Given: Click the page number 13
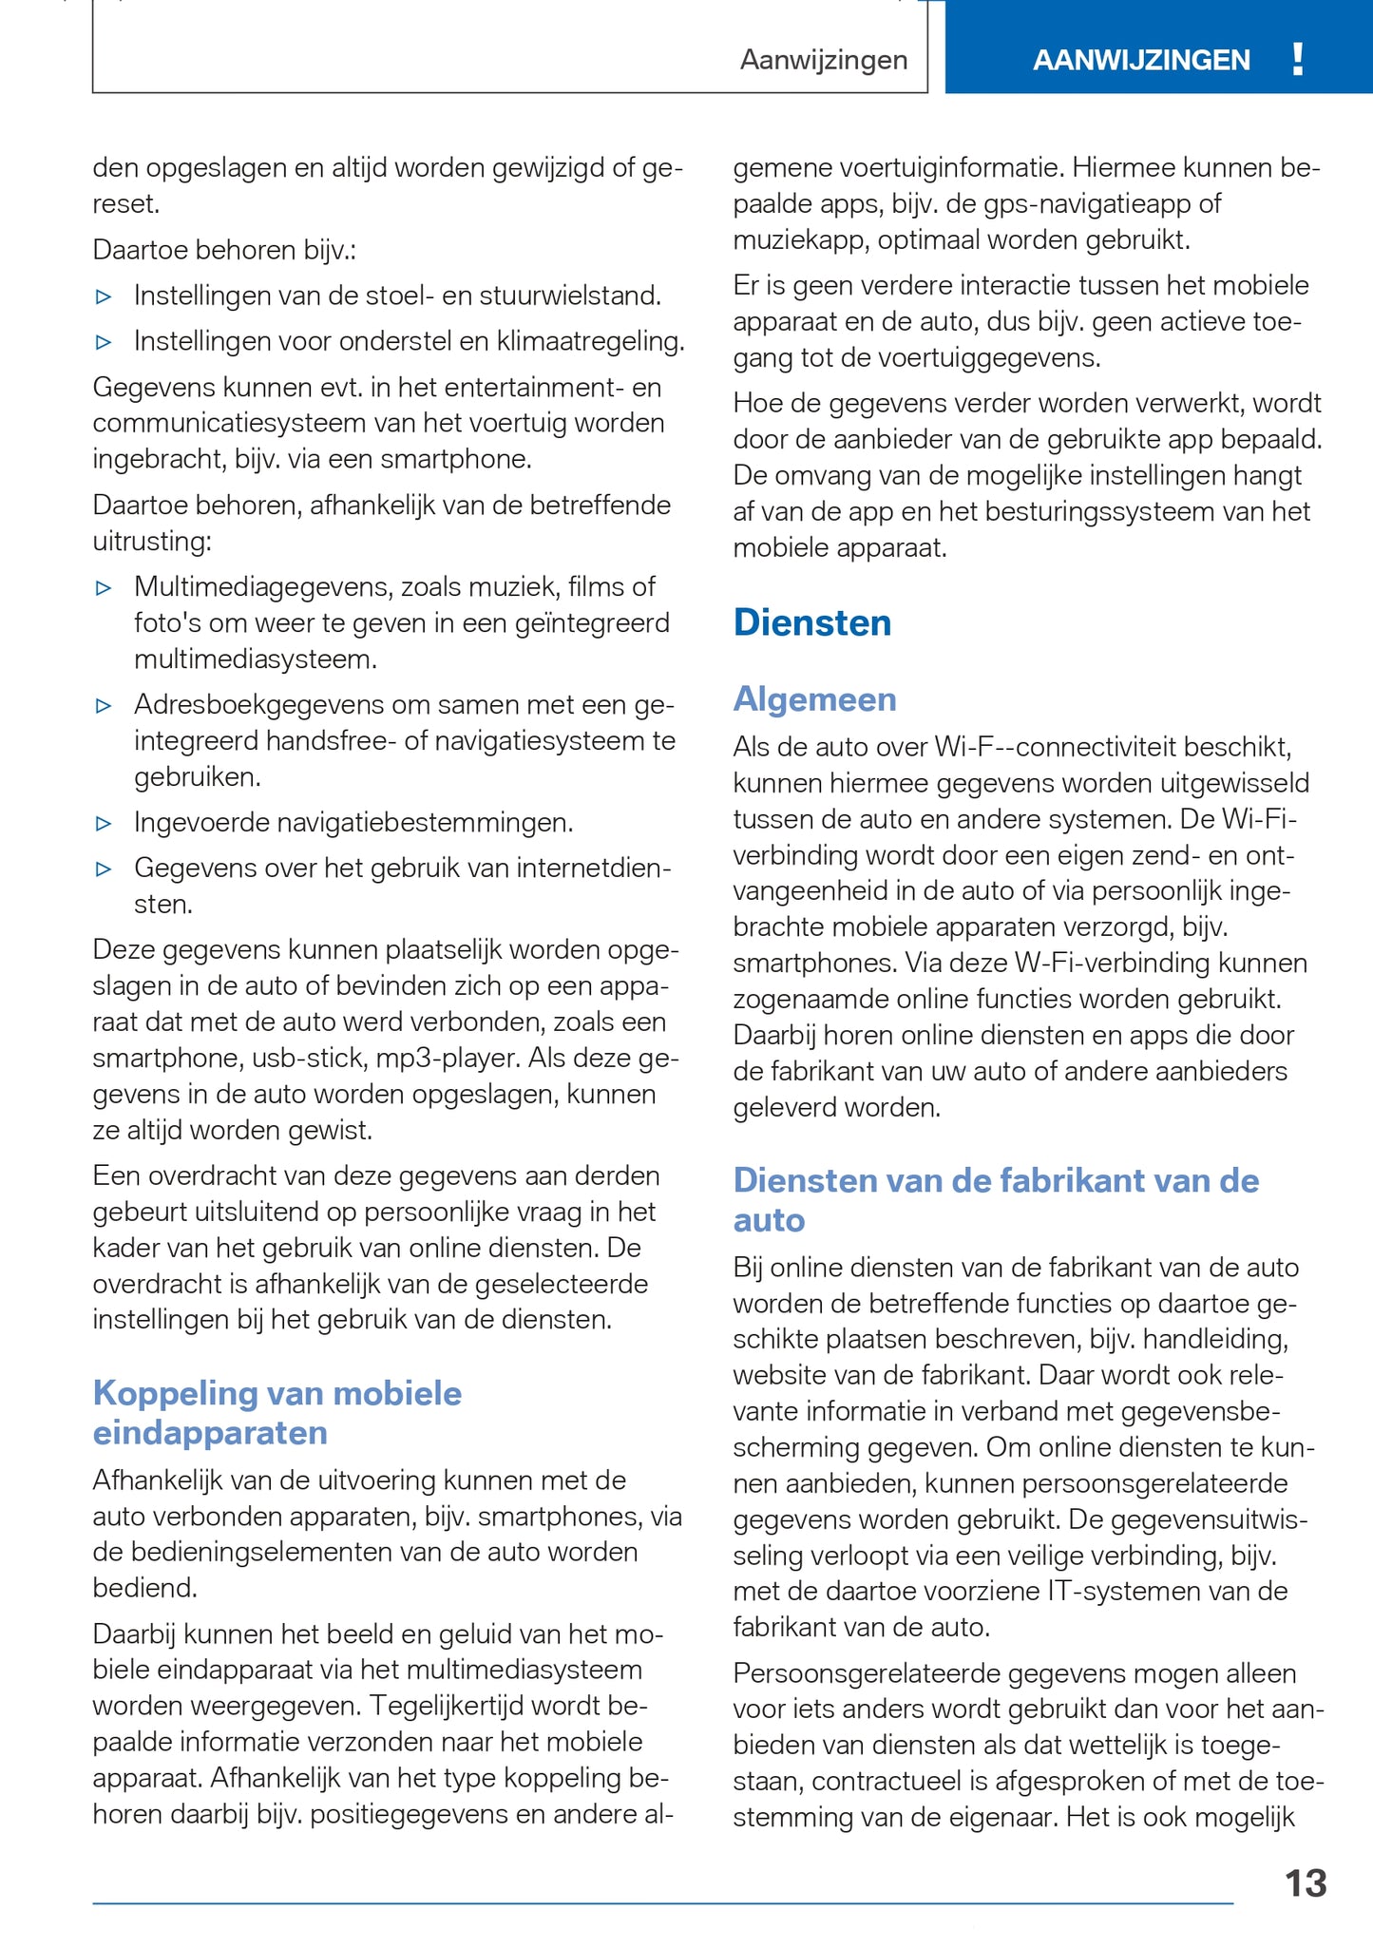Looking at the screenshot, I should coord(1306,1883).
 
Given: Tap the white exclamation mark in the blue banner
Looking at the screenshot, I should coord(1298,60).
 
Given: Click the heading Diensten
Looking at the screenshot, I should coord(812,623).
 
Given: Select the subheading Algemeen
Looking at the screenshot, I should coord(814,699).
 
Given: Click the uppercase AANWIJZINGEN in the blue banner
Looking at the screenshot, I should coord(1141,61).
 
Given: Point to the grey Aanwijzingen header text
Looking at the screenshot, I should coord(824,61).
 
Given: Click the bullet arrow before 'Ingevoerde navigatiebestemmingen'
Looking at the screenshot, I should coord(104,823).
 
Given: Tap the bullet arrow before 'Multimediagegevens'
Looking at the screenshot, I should coord(104,588).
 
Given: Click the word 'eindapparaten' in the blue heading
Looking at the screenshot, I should coord(210,1433).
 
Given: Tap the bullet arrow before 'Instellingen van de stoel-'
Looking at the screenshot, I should coord(104,296).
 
